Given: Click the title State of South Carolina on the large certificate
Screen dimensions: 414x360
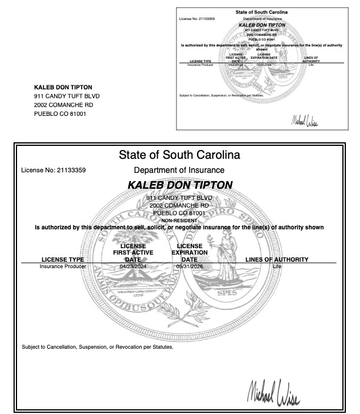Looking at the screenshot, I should (x=179, y=156).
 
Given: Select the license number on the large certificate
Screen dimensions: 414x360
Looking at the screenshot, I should (x=54, y=171).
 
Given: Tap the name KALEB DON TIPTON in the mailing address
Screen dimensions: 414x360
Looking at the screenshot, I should (x=63, y=87).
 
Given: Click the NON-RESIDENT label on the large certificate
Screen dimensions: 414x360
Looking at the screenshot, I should (x=179, y=220).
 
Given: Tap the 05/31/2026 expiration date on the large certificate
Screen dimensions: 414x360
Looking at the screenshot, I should (x=189, y=266).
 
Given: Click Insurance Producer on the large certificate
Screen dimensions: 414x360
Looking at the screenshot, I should (x=62, y=266).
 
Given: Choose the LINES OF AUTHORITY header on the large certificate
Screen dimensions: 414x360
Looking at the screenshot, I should (x=276, y=259).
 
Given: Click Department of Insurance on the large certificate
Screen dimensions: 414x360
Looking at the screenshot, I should (x=179, y=171).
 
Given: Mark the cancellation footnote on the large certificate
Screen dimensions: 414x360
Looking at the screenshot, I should (x=98, y=346).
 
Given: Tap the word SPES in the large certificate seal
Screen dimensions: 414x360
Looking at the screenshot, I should (x=222, y=292).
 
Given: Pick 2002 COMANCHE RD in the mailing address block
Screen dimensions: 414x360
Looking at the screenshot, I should (x=63, y=105).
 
